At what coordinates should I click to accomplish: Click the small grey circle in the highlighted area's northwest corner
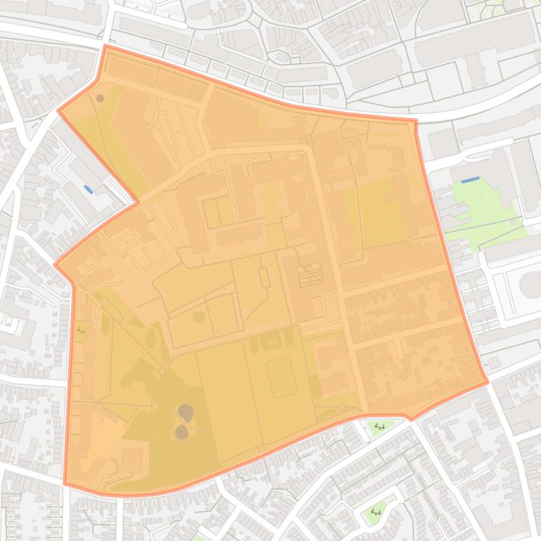tap(100, 98)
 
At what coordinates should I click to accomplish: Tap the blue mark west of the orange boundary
tap(88, 189)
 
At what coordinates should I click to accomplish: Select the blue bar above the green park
tap(471, 180)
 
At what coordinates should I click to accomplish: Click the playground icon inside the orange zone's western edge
tap(81, 329)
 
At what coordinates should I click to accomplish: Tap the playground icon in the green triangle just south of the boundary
tap(380, 426)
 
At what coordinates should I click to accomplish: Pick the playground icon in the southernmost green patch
tap(376, 512)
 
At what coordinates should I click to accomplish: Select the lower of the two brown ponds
tap(182, 431)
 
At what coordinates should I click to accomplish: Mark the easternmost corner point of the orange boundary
tap(488, 383)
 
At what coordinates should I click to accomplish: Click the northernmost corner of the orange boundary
tap(106, 46)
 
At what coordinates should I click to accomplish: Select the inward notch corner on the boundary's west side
tap(138, 202)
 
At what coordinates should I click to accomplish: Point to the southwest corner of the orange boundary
tap(65, 483)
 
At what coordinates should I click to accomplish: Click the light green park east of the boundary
tap(485, 211)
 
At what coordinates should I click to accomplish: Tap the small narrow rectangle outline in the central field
tap(265, 277)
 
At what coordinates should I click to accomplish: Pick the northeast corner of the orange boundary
tap(416, 121)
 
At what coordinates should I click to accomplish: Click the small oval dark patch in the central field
tap(198, 317)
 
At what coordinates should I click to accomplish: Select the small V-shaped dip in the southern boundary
tap(411, 419)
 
